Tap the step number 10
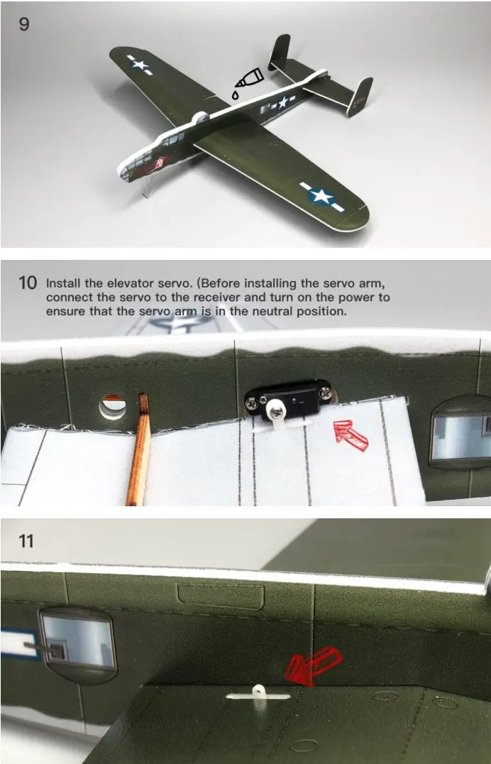pos(27,283)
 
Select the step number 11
pos(26,541)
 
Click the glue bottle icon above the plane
pos(248,81)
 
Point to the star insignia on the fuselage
pos(282,102)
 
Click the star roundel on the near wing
pos(321,197)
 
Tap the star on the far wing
pos(140,65)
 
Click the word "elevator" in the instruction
pos(130,283)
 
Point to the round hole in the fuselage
pos(113,407)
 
